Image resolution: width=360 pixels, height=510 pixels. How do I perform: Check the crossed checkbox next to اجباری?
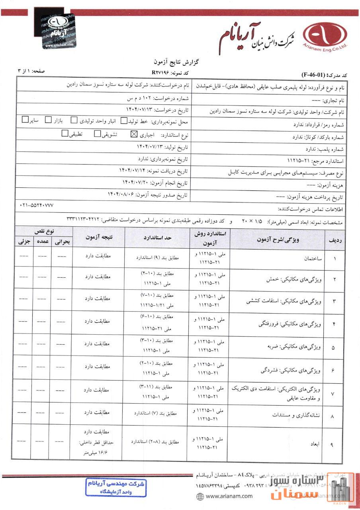point(133,134)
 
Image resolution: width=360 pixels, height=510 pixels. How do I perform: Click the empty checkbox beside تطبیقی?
point(65,134)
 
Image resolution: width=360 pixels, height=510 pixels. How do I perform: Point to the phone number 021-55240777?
point(36,205)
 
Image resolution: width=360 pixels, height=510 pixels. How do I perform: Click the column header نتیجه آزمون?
point(99,237)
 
